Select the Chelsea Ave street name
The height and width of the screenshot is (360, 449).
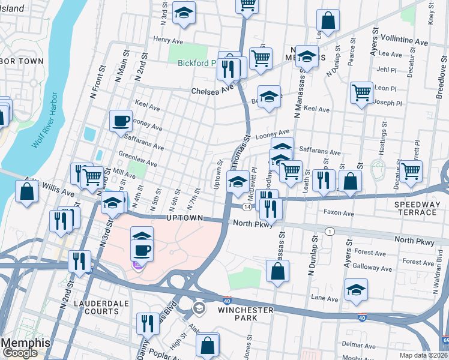point(212,91)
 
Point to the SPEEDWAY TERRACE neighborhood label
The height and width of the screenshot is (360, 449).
point(417,208)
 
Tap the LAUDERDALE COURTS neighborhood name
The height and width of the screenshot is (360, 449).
point(95,308)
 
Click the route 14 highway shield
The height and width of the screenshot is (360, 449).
point(247,206)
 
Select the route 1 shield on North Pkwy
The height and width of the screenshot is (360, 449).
point(329,231)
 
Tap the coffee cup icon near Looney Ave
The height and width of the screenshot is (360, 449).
point(121,121)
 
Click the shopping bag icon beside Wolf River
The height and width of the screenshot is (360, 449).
point(26,192)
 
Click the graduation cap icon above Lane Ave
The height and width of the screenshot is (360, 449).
point(356,290)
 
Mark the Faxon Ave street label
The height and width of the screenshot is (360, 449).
point(340,212)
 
